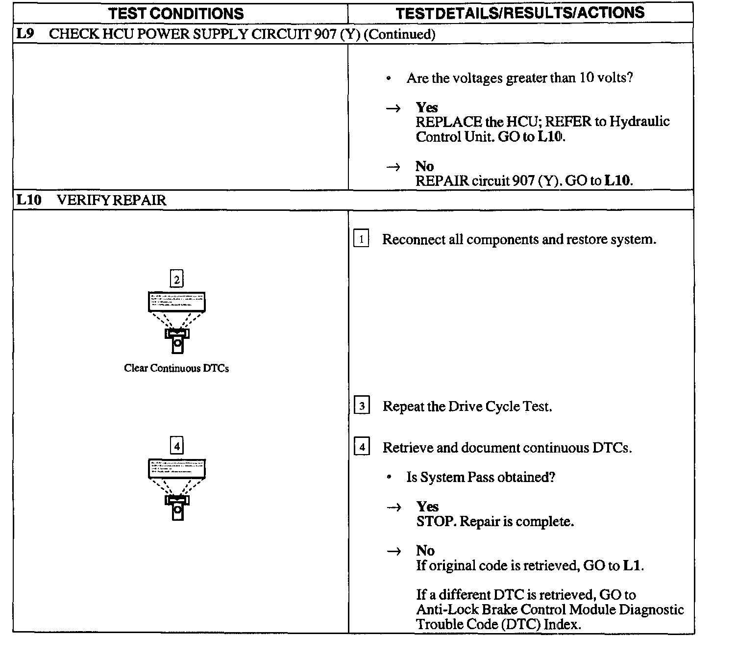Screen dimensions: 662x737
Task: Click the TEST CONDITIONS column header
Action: [176, 13]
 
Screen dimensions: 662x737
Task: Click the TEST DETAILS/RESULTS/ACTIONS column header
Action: [520, 13]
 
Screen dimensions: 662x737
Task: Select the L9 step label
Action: [25, 34]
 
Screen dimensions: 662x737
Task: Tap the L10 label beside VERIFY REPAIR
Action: [29, 200]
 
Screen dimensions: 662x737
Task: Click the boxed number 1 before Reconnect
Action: [361, 239]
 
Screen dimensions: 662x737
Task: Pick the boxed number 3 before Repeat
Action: [362, 406]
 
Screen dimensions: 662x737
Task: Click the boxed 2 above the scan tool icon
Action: [176, 279]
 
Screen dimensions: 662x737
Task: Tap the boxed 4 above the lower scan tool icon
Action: [176, 446]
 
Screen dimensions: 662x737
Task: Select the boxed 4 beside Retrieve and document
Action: [362, 447]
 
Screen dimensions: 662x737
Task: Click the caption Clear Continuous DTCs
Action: [176, 368]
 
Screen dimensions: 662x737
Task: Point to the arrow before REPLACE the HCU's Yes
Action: [393, 108]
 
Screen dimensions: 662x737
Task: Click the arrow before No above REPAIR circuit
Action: [393, 167]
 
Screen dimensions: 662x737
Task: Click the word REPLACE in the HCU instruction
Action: [448, 122]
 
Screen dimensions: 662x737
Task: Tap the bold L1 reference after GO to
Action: [632, 565]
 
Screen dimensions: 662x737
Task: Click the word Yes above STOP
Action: [427, 507]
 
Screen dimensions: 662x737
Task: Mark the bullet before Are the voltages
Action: [389, 78]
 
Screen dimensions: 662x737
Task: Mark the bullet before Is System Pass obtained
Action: [389, 477]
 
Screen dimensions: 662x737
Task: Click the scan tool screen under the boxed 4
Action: [177, 469]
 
